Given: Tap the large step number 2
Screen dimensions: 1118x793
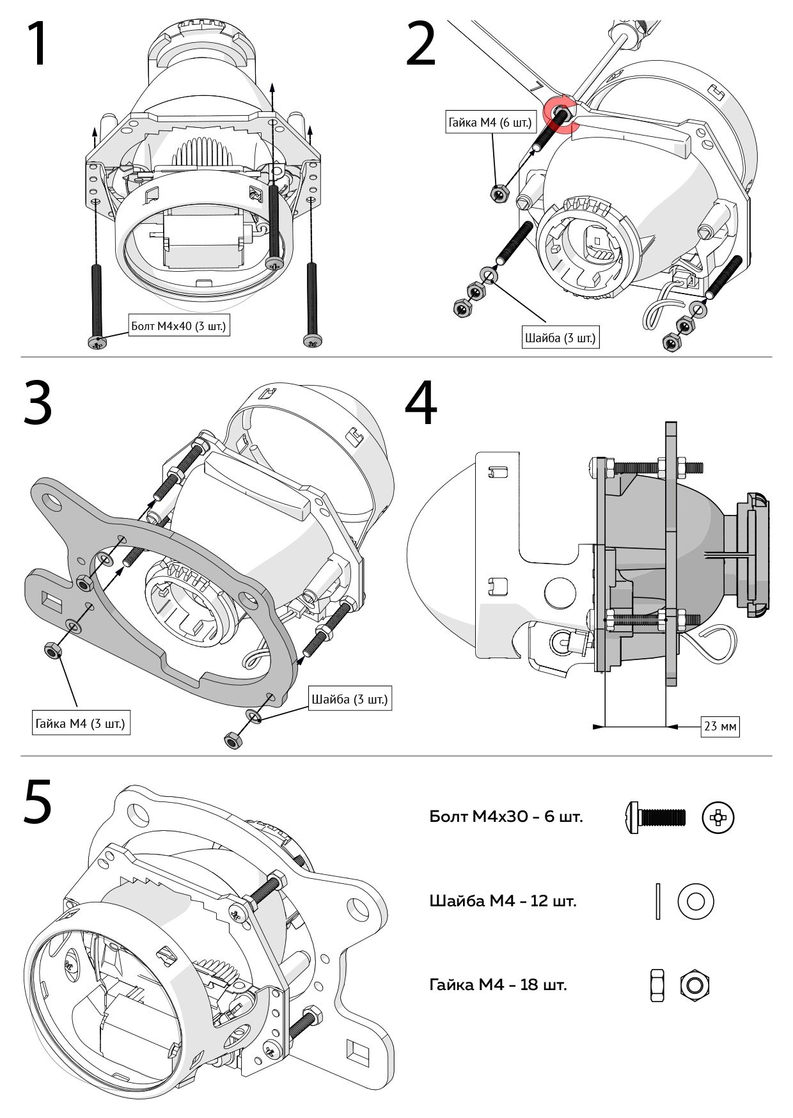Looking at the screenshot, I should (421, 44).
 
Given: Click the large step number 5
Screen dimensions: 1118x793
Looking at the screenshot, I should (38, 801).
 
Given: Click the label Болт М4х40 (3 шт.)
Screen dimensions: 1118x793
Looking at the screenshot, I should (178, 326).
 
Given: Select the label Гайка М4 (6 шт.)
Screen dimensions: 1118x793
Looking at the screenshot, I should (490, 122).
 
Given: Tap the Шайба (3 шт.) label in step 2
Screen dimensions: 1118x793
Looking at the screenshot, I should (560, 337).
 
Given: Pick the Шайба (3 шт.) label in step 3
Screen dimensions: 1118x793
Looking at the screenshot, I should (350, 699).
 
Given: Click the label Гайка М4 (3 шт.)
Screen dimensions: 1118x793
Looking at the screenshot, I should (81, 724).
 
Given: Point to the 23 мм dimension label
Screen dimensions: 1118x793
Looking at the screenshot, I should (719, 727).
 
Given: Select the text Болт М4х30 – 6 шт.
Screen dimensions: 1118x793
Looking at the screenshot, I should (506, 817).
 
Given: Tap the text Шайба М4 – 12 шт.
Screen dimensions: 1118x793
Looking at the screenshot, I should (503, 901).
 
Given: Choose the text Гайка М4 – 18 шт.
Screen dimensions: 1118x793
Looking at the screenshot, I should (498, 985).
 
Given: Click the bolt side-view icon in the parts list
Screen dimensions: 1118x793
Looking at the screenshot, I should (654, 817).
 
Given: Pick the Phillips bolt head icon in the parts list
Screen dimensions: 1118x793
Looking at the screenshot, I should (718, 817).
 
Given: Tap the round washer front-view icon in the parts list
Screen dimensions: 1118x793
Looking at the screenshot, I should (696, 901).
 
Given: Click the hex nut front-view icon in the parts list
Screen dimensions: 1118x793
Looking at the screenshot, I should (695, 985).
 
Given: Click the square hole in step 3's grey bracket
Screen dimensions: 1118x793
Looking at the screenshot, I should (49, 599).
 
